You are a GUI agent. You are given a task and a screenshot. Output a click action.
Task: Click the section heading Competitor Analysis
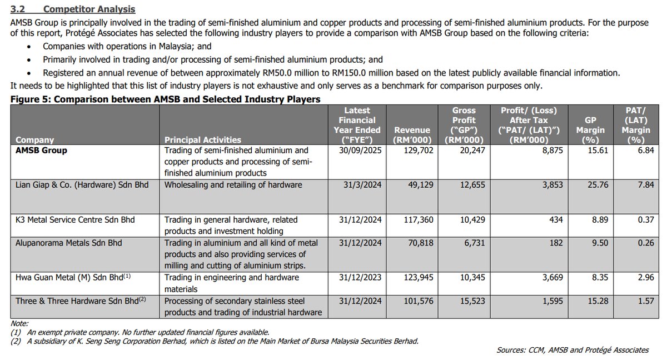(x=89, y=9)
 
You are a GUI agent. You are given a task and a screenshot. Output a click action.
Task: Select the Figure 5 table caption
(x=165, y=99)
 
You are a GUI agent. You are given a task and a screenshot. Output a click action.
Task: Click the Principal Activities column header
(x=203, y=140)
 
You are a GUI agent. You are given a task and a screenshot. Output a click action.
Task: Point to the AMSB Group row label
(x=42, y=151)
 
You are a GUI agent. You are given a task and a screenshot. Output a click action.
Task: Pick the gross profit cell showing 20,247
(x=463, y=151)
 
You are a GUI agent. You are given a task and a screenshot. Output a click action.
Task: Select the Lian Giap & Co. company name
(x=82, y=184)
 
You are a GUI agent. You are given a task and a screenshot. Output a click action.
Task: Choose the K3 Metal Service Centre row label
(x=76, y=220)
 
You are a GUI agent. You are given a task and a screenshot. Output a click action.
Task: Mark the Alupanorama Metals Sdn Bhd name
(x=68, y=243)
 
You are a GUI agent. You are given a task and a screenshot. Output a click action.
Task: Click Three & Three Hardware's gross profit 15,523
(x=463, y=301)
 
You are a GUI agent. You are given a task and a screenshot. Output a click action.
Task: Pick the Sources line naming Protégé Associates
(x=573, y=350)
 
